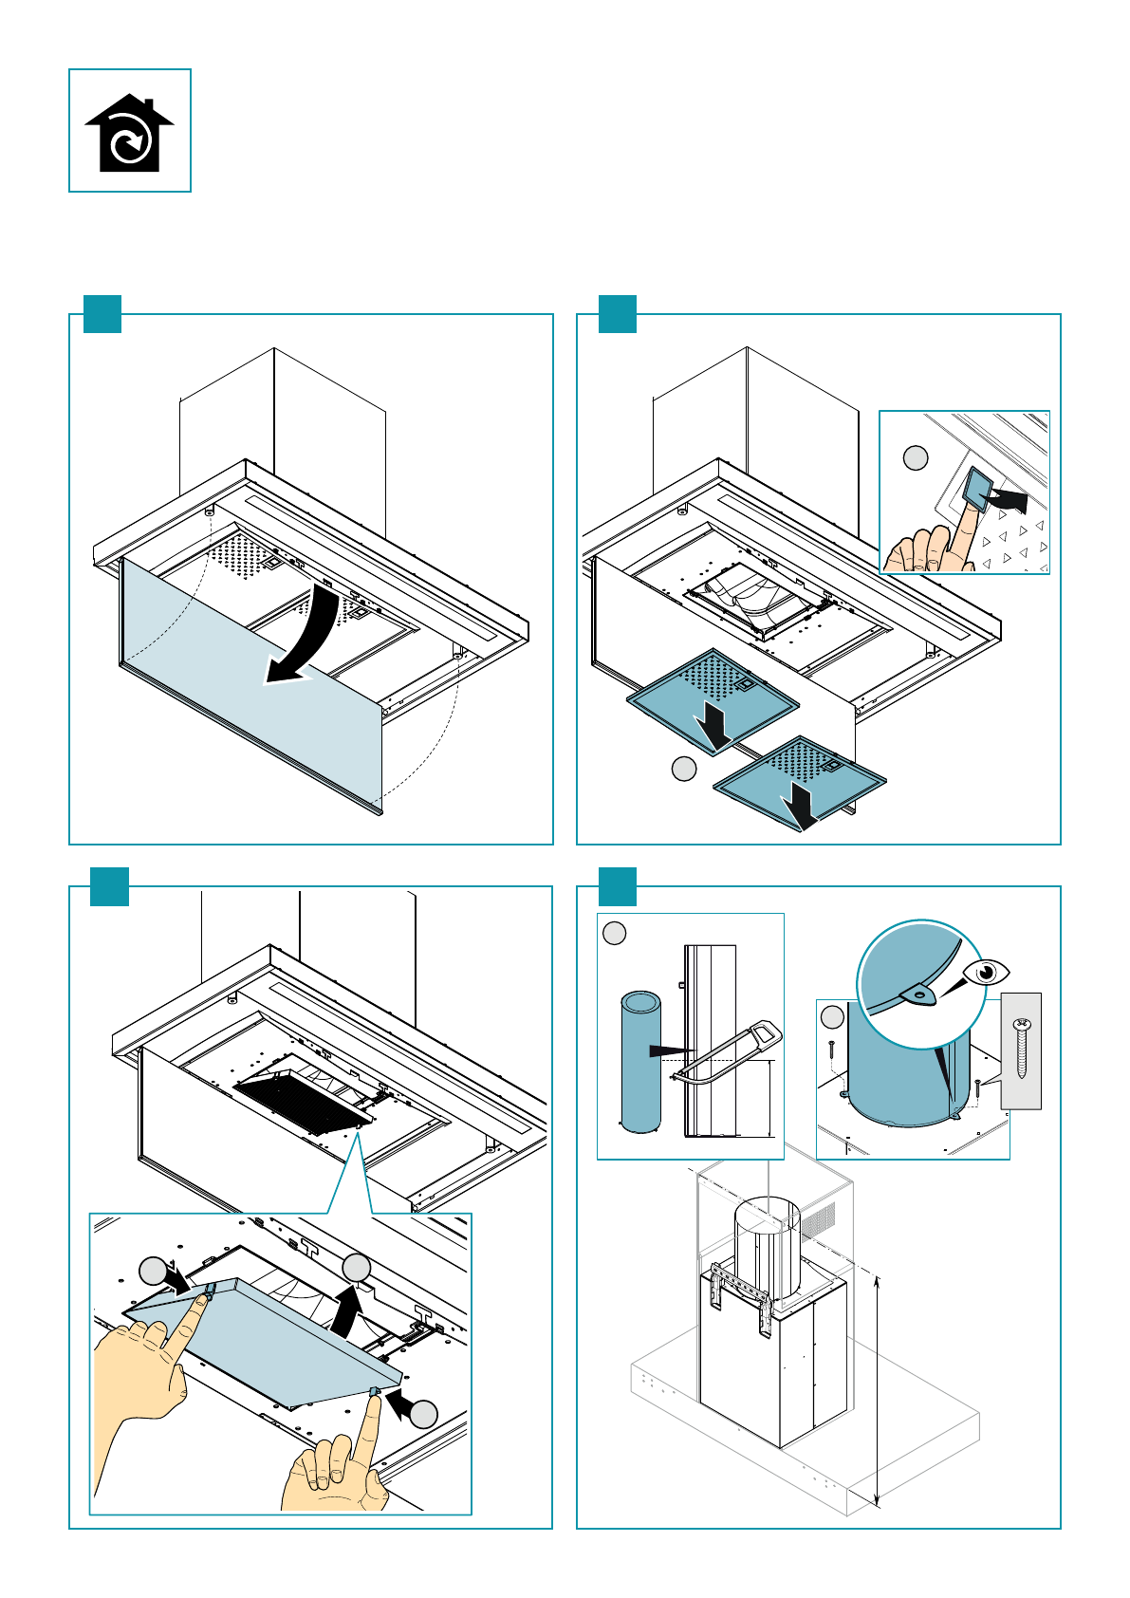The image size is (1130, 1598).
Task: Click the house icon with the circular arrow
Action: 129,131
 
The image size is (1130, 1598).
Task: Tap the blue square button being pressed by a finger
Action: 975,488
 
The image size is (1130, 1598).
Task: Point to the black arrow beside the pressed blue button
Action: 1008,498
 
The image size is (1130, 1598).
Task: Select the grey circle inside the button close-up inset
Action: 915,458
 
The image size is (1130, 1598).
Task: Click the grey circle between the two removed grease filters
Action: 683,769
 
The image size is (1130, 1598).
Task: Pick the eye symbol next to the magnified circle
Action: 987,973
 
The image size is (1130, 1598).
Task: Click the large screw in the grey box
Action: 1022,1048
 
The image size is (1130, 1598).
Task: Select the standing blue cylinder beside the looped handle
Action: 640,1062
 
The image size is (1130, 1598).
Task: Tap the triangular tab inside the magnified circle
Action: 917,993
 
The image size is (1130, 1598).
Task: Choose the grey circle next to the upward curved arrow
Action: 357,1267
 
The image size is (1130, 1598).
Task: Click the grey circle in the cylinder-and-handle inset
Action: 615,933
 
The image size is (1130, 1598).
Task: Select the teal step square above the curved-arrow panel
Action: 102,314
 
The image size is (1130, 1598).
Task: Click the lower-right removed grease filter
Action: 799,779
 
